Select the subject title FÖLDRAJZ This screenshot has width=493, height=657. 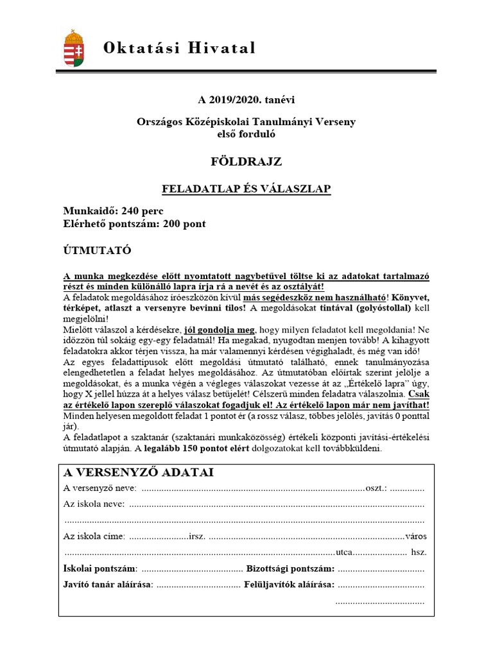pyautogui.click(x=246, y=162)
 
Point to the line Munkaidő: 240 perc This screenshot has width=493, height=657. pyautogui.click(x=113, y=211)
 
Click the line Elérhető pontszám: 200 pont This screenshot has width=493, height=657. pyautogui.click(x=134, y=224)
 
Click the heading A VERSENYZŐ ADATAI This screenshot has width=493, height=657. pyautogui.click(x=139, y=473)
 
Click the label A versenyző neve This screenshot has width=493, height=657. pyautogui.click(x=99, y=488)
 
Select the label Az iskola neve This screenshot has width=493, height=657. pyautogui.click(x=94, y=504)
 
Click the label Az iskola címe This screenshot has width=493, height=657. pyautogui.click(x=94, y=536)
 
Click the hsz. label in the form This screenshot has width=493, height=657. pyautogui.click(x=419, y=552)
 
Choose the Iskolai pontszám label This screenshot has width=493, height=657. pyautogui.click(x=99, y=568)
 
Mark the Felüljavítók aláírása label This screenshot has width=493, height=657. pyautogui.click(x=289, y=584)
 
